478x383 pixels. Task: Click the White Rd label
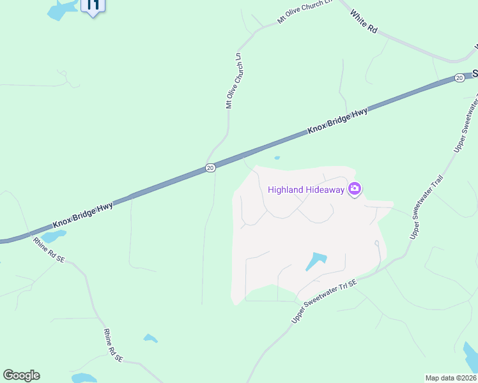(365, 23)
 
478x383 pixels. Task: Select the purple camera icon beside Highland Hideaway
(355, 189)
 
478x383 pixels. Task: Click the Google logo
(21, 375)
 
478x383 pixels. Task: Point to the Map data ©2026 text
(451, 378)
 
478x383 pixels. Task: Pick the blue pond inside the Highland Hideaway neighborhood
(316, 261)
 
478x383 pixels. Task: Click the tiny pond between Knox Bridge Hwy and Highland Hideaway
(277, 158)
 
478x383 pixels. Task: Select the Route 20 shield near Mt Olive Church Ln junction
(210, 168)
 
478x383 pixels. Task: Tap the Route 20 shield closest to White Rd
(459, 78)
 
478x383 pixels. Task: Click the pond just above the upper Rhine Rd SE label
(54, 237)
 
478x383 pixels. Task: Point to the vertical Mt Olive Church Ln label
(235, 81)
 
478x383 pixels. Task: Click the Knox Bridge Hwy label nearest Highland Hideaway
(337, 121)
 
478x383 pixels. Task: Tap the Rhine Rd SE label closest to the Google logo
(113, 346)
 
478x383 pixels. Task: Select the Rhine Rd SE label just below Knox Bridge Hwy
(49, 250)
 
